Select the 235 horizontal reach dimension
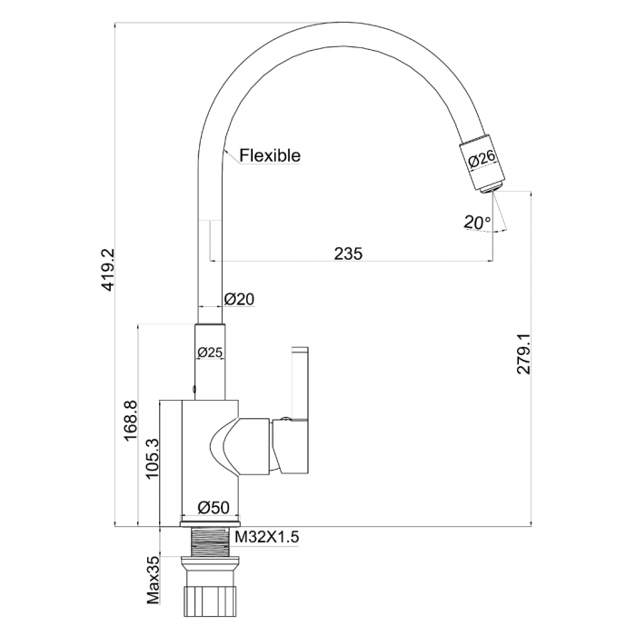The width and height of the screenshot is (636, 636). point(348,253)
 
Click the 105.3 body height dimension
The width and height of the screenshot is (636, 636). point(152,458)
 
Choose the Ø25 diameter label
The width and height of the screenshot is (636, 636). point(211,353)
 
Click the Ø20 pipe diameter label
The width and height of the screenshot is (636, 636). point(239,299)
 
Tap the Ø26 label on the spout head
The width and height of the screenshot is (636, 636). point(482,159)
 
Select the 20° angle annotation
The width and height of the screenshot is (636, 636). point(475,222)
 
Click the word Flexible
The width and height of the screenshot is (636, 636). point(269,155)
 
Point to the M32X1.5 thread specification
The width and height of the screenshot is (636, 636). point(267,538)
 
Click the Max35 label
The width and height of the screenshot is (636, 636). point(154,581)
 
